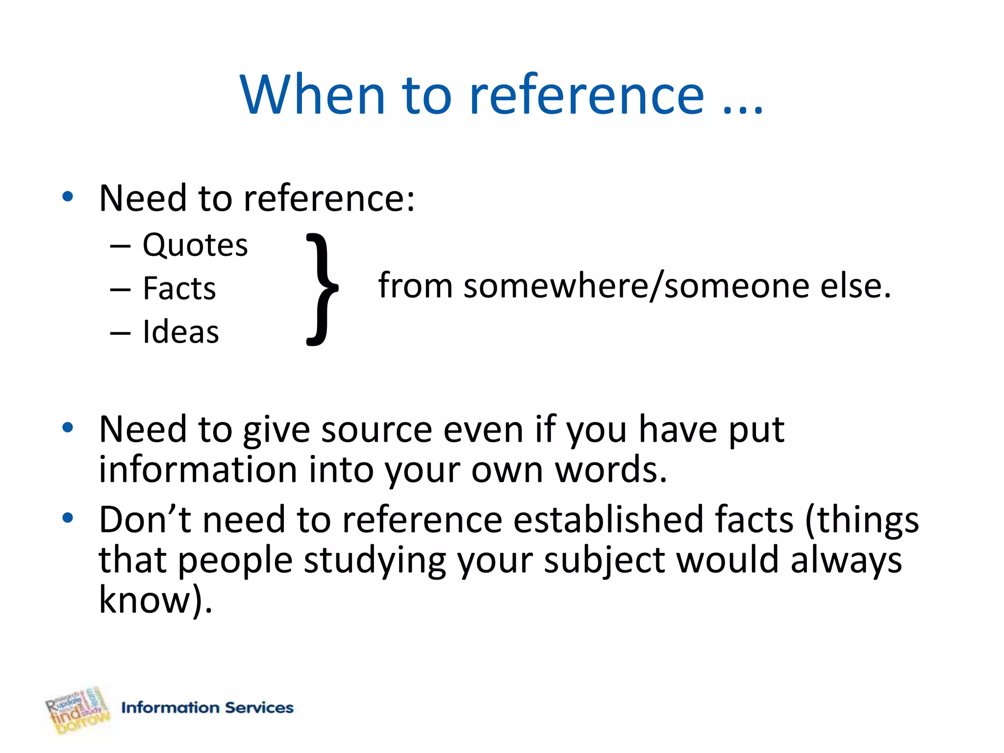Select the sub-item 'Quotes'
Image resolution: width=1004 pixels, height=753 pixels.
coord(195,245)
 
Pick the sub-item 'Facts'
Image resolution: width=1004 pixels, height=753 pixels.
coord(179,288)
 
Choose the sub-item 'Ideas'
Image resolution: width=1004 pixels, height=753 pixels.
coord(181,332)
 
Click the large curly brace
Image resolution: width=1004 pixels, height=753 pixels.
coord(322,289)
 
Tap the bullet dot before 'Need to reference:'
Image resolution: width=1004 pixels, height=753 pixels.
coord(68,197)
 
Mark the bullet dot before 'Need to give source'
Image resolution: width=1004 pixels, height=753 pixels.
coord(68,428)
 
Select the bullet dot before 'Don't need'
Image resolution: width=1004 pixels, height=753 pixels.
coord(68,518)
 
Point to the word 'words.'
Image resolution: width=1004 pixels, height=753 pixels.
coord(611,470)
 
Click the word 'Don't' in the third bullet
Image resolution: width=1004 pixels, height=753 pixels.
coord(145,519)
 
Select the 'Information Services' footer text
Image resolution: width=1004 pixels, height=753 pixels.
coord(207,707)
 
